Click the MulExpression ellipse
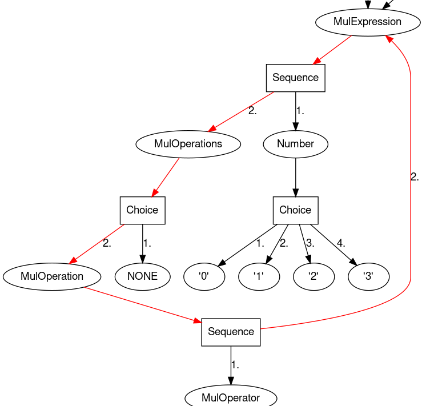(368, 22)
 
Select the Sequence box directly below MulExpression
(295, 78)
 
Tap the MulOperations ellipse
(188, 144)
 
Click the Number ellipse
(295, 144)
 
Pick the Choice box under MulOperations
(142, 210)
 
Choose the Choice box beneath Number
(295, 210)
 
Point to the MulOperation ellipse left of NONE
(52, 276)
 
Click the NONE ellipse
(142, 276)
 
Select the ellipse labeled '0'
(204, 276)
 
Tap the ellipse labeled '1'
(259, 276)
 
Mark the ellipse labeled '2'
(314, 276)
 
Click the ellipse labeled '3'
(368, 276)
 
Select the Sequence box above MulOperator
(231, 332)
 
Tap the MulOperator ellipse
(231, 397)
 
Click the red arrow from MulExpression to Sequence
(332, 50)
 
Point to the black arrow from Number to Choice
(295, 177)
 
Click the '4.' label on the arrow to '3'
(341, 243)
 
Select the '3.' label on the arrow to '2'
(310, 243)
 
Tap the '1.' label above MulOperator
(235, 365)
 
